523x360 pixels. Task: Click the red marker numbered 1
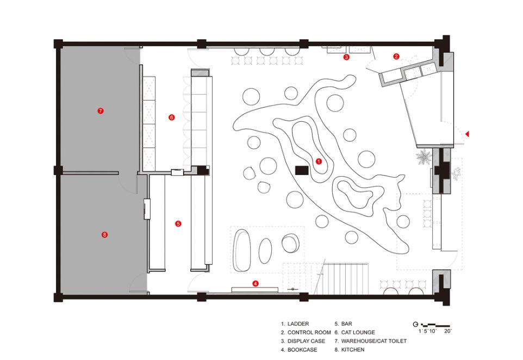(x=319, y=162)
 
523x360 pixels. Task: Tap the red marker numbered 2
(x=396, y=57)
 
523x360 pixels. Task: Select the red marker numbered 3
(x=346, y=57)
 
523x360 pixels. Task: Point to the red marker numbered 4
(x=255, y=284)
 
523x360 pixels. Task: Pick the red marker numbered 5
(x=178, y=224)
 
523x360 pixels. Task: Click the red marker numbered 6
(x=171, y=117)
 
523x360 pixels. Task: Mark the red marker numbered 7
(x=101, y=111)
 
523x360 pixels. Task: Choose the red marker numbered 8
(x=104, y=234)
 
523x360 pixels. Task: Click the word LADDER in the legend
(x=298, y=324)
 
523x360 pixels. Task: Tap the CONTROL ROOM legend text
(x=309, y=332)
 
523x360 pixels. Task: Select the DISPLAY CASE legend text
(x=306, y=341)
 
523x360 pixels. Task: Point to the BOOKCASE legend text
(x=302, y=350)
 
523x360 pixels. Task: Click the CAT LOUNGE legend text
(x=358, y=332)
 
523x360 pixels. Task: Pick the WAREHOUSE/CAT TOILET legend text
(x=374, y=341)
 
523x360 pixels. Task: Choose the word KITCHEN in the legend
(x=353, y=350)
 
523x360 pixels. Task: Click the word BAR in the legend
(x=346, y=324)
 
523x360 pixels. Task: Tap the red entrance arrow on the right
(x=468, y=134)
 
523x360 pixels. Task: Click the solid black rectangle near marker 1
(x=302, y=170)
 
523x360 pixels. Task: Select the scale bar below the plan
(x=435, y=325)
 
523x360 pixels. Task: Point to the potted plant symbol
(x=424, y=156)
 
